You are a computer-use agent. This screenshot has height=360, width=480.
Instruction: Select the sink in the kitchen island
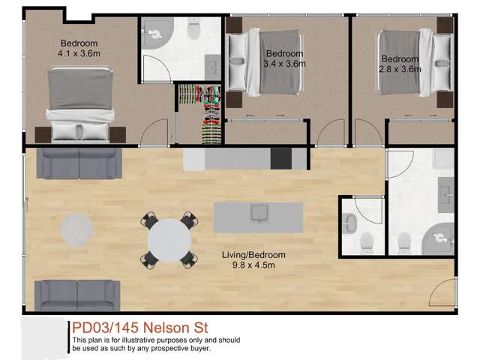tap(258, 214)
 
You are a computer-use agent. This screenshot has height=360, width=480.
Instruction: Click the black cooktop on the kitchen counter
tap(281, 158)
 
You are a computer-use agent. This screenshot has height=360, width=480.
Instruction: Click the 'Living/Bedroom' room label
tap(253, 255)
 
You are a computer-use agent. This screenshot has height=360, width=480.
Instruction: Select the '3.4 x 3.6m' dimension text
tap(284, 64)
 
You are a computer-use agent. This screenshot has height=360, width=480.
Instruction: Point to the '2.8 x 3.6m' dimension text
tap(400, 69)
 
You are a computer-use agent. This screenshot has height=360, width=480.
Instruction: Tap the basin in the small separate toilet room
tap(349, 222)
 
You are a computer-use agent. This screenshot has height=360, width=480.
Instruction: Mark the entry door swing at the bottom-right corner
tap(444, 292)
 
